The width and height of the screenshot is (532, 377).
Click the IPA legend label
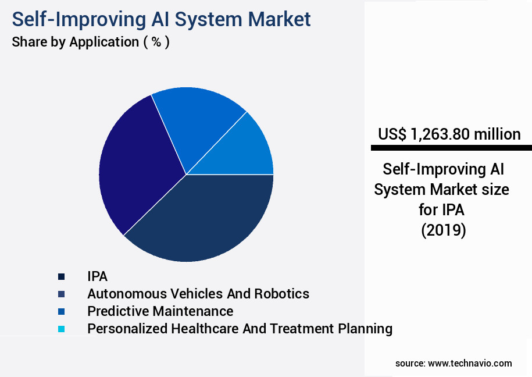tap(98, 276)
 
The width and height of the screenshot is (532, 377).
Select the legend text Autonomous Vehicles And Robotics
tap(198, 294)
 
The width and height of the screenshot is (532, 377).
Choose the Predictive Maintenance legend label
tap(160, 311)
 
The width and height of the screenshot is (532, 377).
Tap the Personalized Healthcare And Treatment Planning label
tap(240, 329)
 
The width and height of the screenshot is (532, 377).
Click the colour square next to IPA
tap(61, 277)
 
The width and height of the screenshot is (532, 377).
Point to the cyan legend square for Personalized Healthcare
tap(61, 329)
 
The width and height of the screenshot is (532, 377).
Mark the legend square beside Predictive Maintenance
tap(61, 312)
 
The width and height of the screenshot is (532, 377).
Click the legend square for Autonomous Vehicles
tap(61, 294)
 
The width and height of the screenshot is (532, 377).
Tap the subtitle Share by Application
tap(76, 42)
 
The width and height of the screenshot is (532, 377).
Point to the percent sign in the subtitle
tap(156, 42)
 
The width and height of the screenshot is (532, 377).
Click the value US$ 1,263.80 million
tap(449, 134)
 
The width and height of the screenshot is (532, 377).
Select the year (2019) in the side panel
tap(444, 230)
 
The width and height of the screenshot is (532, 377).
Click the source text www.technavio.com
tap(470, 363)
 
